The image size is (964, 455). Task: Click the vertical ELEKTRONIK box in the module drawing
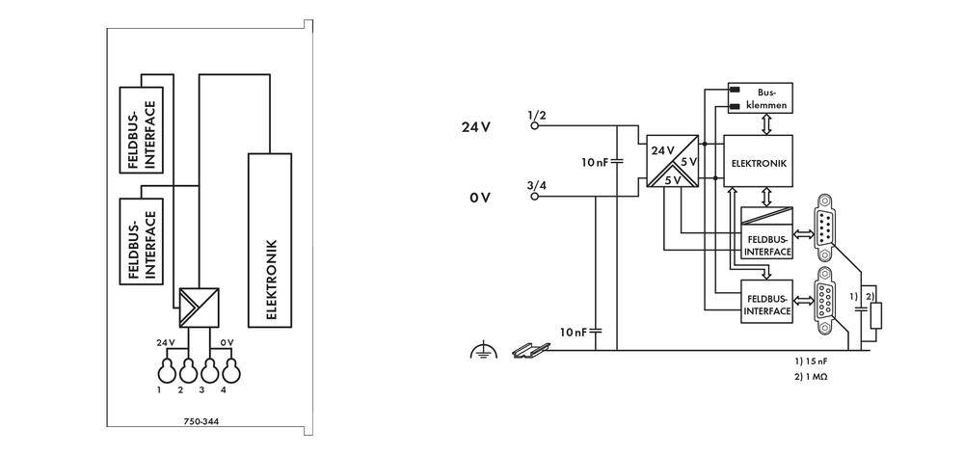270,241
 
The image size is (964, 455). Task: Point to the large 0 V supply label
480,197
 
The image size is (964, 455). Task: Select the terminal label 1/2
537,115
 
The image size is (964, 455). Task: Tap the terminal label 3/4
537,185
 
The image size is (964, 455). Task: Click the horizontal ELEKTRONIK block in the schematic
760,163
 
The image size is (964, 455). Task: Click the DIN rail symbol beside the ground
526,351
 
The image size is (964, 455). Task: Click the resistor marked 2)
874,316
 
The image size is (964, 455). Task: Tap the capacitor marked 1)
859,310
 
